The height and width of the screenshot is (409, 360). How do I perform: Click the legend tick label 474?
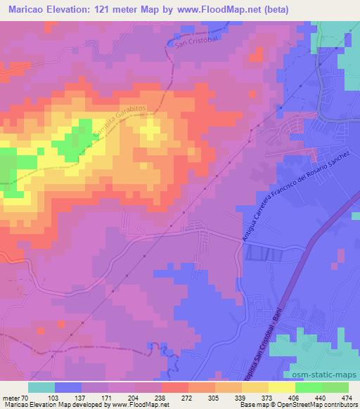[346, 397]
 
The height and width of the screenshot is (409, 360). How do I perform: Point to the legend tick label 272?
[186, 397]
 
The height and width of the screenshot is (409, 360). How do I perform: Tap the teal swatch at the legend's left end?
[41, 387]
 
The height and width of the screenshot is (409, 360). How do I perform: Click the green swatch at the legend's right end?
[335, 387]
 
